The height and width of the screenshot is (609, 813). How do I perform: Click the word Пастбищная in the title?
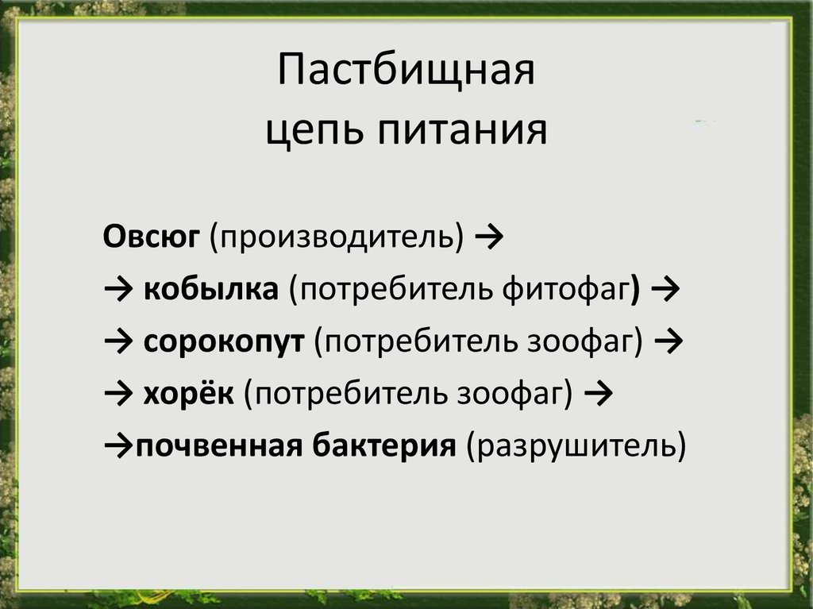tap(406, 70)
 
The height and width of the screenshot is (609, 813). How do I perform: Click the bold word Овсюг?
tap(151, 237)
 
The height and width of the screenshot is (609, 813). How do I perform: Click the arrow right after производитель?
tap(489, 237)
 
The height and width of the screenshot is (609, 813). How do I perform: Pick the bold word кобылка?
tap(210, 289)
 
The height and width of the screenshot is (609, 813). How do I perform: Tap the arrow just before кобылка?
tap(119, 290)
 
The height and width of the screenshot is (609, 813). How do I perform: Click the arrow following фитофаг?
tap(665, 290)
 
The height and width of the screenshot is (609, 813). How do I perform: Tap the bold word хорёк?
tap(188, 393)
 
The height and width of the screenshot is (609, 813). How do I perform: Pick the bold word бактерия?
tap(384, 445)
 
